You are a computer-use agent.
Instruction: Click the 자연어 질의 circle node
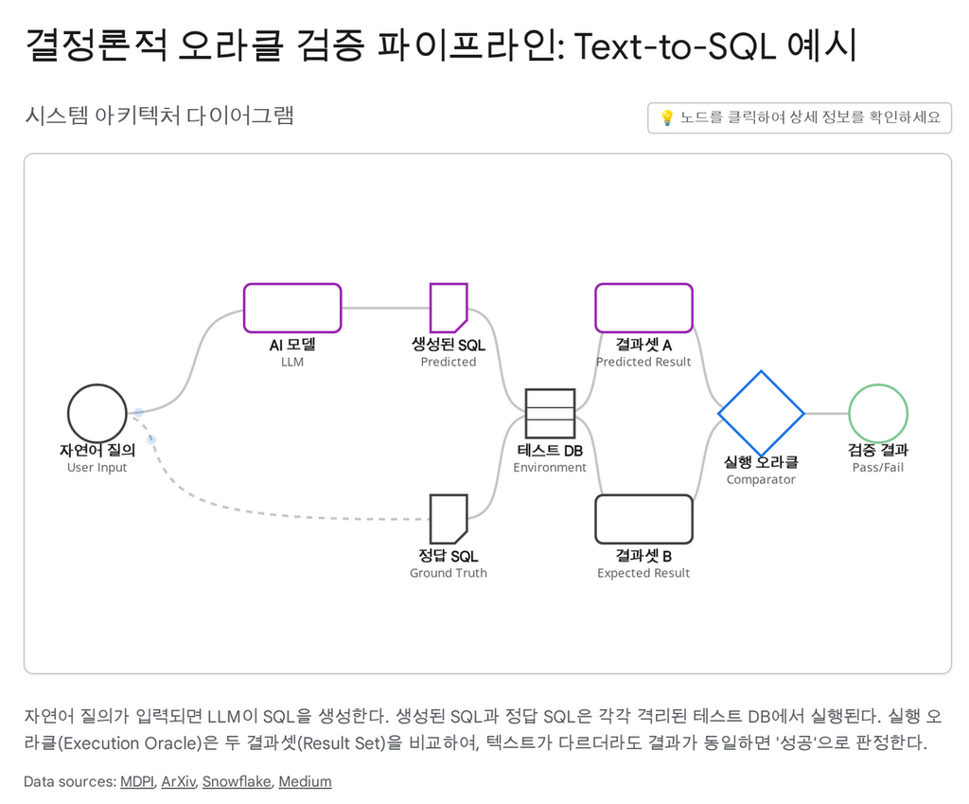click(x=97, y=414)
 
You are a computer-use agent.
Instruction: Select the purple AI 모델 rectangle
click(x=292, y=309)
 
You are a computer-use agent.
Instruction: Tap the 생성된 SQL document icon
click(x=449, y=309)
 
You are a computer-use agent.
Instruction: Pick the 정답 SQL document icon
click(x=449, y=519)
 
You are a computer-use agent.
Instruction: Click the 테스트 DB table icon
click(x=550, y=414)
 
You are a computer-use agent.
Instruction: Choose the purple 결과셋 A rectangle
click(x=643, y=309)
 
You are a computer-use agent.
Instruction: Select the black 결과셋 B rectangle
click(x=643, y=519)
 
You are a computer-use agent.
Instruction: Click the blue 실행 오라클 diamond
click(x=761, y=414)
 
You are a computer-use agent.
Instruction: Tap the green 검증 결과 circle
click(x=878, y=414)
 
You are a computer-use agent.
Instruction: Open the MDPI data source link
click(x=136, y=781)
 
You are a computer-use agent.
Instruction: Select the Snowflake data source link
click(x=237, y=781)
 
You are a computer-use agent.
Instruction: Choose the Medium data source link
click(x=305, y=781)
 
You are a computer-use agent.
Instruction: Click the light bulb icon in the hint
click(x=666, y=117)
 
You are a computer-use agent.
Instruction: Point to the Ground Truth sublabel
click(x=449, y=573)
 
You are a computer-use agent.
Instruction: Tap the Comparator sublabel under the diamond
click(x=761, y=479)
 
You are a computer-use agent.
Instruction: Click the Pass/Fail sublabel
click(x=878, y=468)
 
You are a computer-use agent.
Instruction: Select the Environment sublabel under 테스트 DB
click(x=550, y=468)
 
